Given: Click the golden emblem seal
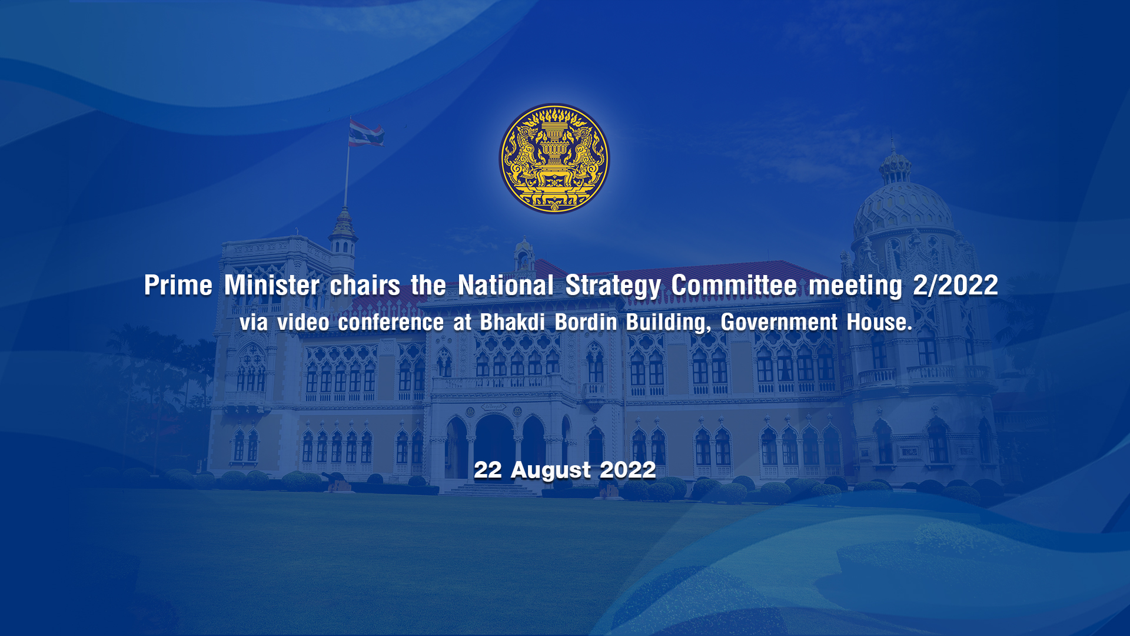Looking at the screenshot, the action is tap(554, 159).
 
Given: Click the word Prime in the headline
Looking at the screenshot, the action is tap(178, 286).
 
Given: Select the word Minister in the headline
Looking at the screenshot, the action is tap(272, 286).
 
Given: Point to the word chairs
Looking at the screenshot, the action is tap(365, 286).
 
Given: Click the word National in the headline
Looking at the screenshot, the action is tap(506, 286).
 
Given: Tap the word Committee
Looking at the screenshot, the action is tap(734, 286).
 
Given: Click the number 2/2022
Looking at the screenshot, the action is tap(956, 286).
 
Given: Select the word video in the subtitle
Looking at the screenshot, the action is tap(303, 322).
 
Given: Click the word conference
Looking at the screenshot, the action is tap(391, 322).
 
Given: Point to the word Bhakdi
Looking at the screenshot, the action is tap(513, 322).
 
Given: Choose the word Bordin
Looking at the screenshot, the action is tap(586, 322).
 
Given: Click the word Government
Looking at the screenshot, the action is tap(779, 322).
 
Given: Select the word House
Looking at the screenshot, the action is tap(879, 322).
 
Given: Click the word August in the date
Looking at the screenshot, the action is tap(551, 471).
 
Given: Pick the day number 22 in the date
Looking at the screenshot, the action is tap(488, 470).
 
